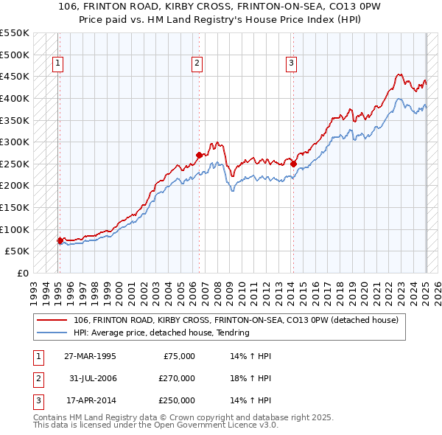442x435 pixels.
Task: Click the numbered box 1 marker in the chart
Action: [57, 64]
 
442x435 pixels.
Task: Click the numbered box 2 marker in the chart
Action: [197, 64]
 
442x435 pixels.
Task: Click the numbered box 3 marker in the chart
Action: [292, 64]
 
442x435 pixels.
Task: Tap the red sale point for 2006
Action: [199, 155]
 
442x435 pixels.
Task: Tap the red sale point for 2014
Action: [293, 164]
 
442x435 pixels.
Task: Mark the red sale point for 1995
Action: [60, 240]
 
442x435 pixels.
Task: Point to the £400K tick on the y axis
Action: [15, 98]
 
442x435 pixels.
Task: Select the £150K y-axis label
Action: [15, 207]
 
